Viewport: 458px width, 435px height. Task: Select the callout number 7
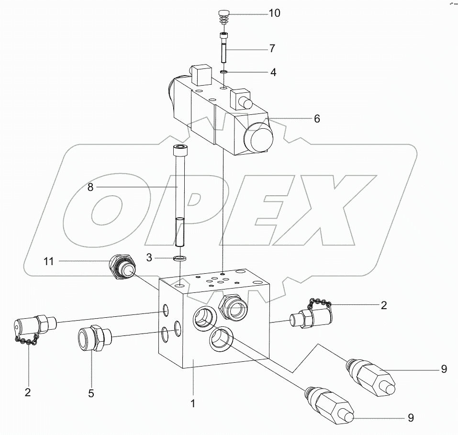point(271,48)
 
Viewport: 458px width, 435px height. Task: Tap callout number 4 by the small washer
point(273,73)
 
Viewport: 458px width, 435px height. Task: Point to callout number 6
point(317,119)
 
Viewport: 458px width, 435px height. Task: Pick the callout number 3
point(149,257)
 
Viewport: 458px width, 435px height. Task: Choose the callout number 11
point(49,261)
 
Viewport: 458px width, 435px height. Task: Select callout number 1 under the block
point(192,403)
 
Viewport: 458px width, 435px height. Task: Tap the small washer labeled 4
point(223,72)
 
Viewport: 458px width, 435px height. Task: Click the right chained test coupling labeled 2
point(311,316)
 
